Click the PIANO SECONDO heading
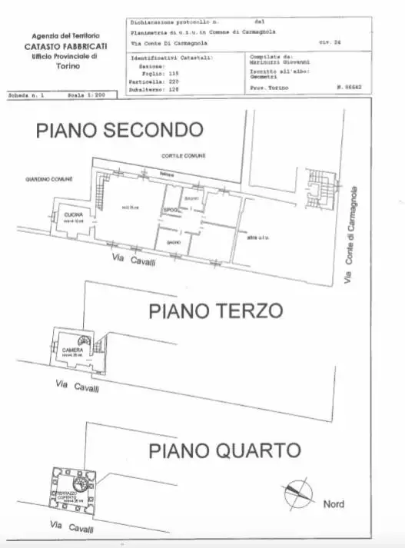tap(119, 131)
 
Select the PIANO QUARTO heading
tap(224, 449)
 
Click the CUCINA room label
tap(74, 214)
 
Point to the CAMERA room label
tap(73, 350)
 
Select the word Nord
tap(333, 504)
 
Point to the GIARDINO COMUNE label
tap(49, 179)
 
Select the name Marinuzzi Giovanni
tap(279, 64)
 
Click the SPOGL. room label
tap(169, 211)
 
